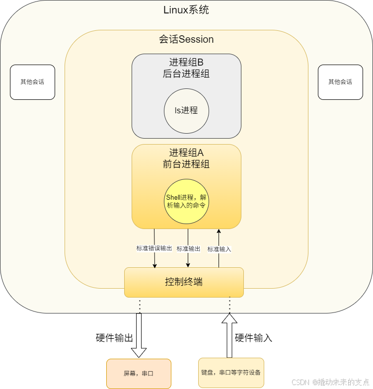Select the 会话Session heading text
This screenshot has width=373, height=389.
click(186, 39)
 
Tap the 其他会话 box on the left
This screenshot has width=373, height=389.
click(32, 82)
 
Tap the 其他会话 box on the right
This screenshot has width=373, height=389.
click(340, 82)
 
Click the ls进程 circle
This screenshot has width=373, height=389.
click(186, 111)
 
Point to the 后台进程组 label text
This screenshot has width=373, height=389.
click(186, 75)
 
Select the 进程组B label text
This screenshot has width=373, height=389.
click(186, 63)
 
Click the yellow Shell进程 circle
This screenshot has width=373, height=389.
click(186, 201)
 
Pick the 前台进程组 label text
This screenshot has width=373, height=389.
click(186, 164)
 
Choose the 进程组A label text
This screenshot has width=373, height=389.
click(186, 153)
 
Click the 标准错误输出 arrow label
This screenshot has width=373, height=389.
click(154, 248)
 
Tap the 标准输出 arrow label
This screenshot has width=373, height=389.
click(188, 248)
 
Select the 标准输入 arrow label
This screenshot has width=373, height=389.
click(219, 249)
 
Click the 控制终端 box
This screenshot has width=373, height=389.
click(184, 282)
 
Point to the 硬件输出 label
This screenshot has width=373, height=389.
click(115, 339)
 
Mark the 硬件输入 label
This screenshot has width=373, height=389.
click(254, 339)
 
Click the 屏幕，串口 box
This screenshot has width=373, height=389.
click(139, 374)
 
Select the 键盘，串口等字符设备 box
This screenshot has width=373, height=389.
click(231, 372)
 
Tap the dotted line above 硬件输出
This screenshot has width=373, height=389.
click(140, 306)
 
